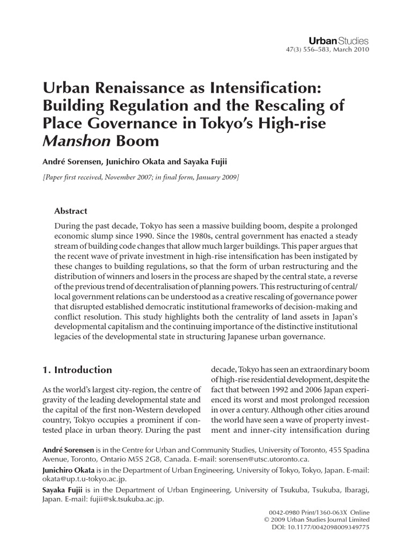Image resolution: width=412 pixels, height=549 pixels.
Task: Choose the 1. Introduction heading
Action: tap(77, 370)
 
